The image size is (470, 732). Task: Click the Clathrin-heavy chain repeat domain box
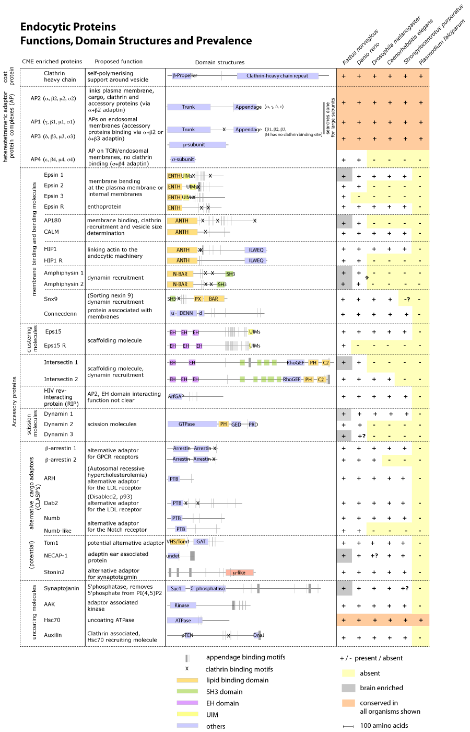click(x=277, y=76)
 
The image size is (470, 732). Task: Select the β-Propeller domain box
click(x=184, y=76)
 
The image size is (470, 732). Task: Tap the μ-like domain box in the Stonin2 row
click(x=239, y=573)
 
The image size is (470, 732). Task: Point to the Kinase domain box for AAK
click(x=182, y=605)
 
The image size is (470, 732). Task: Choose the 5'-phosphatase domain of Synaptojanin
click(x=207, y=589)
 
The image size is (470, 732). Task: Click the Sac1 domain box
click(x=176, y=589)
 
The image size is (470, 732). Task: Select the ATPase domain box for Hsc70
click(x=183, y=621)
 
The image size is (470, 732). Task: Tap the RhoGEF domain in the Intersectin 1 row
click(x=295, y=362)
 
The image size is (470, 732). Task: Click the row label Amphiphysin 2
click(x=64, y=284)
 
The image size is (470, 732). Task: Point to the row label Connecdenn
click(x=60, y=314)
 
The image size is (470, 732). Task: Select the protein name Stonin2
click(x=54, y=572)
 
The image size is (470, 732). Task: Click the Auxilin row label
click(x=53, y=635)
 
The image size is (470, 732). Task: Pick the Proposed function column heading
click(x=119, y=62)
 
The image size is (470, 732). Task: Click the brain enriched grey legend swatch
click(x=348, y=688)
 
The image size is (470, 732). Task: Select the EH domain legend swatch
click(x=187, y=703)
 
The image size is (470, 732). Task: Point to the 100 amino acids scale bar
click(x=348, y=726)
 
